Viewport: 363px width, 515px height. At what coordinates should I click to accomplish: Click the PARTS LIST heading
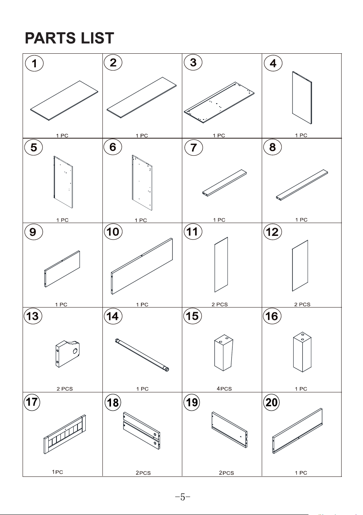tap(69, 38)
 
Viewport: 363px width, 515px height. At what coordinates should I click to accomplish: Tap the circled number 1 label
tap(34, 63)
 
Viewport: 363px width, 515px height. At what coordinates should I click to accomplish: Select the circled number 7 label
tap(194, 148)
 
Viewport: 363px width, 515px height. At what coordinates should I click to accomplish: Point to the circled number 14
tap(113, 316)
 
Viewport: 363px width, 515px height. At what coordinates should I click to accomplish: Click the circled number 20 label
tap(271, 403)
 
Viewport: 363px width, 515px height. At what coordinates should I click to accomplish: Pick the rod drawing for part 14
tap(142, 355)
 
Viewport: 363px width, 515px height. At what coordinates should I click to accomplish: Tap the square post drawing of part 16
tap(302, 352)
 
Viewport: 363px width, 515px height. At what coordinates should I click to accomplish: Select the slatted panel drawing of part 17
tap(65, 434)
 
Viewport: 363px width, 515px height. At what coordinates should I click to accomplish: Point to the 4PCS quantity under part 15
tap(224, 388)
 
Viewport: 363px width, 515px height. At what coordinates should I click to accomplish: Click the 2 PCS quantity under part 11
tap(220, 304)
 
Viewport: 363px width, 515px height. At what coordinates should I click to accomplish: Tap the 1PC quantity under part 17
tap(58, 472)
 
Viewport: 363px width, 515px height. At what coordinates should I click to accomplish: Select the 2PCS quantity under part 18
tap(143, 473)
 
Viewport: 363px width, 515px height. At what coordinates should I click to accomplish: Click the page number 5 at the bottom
tap(183, 497)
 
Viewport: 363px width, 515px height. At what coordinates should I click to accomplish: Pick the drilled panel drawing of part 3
tap(219, 102)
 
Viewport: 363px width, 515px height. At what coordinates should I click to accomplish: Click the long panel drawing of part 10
tap(142, 266)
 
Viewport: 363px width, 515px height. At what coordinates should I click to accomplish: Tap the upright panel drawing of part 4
tap(302, 98)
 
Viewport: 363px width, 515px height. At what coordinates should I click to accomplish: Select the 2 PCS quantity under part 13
tap(65, 389)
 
